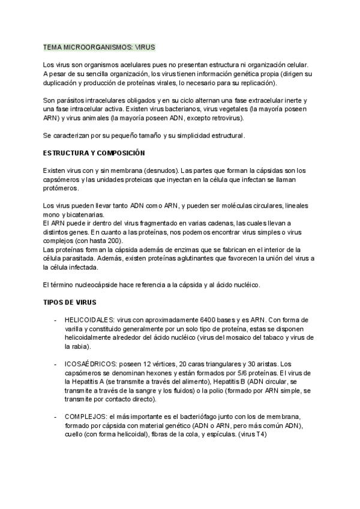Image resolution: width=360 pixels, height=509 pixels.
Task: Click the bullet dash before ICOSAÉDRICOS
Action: (x=55, y=364)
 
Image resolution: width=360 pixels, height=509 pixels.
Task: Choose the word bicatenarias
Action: (x=85, y=215)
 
